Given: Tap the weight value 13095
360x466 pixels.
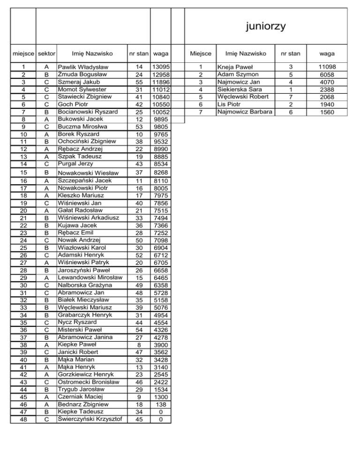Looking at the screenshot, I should (161, 67).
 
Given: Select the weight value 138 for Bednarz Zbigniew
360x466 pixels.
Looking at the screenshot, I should (161, 404).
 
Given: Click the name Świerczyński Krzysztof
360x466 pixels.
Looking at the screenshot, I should (90, 419).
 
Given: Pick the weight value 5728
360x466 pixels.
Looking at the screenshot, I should (161, 292).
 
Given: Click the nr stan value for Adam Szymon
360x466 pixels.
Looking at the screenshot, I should (291, 75).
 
